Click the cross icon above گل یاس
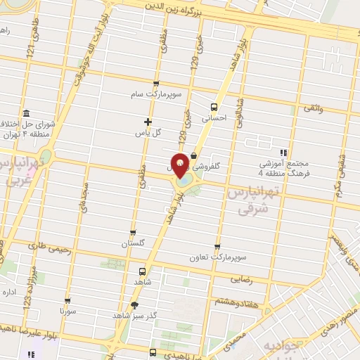pyautogui.click(x=148, y=122)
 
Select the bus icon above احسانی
pyautogui.click(x=214, y=107)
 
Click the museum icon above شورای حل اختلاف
pyautogui.click(x=26, y=114)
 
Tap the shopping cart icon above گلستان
pyautogui.click(x=133, y=232)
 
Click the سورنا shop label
pyautogui.click(x=67, y=310)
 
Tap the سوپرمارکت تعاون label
pyautogui.click(x=216, y=257)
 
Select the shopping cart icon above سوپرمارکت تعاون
pyautogui.click(x=217, y=247)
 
